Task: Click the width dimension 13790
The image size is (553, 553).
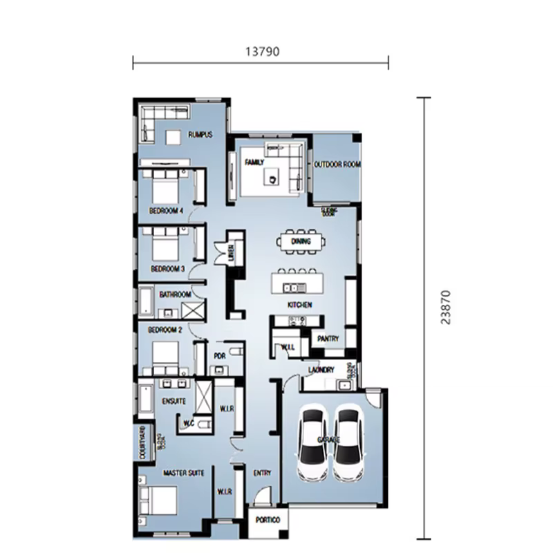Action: coord(261,50)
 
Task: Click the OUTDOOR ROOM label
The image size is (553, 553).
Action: coord(338,165)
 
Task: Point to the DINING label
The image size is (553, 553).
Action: coord(301,241)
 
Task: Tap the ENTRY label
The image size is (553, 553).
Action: coord(262,474)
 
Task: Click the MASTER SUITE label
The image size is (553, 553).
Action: coord(183,474)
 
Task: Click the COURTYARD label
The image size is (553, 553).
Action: coord(142,443)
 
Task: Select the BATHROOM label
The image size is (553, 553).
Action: coord(175,294)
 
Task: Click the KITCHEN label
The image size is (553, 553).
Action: coord(300,305)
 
